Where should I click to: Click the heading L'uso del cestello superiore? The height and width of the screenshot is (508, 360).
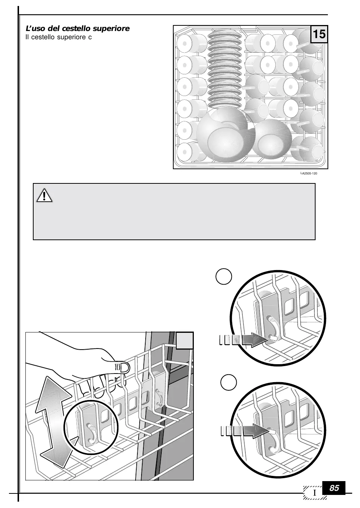click(x=77, y=29)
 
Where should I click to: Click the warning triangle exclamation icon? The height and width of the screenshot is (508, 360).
click(x=44, y=195)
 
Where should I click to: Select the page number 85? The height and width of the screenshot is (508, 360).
click(x=334, y=488)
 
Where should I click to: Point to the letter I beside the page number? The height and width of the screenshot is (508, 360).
click(x=315, y=493)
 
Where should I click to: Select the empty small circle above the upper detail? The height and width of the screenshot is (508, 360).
click(x=224, y=277)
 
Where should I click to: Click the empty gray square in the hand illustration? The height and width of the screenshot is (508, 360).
click(x=184, y=340)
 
